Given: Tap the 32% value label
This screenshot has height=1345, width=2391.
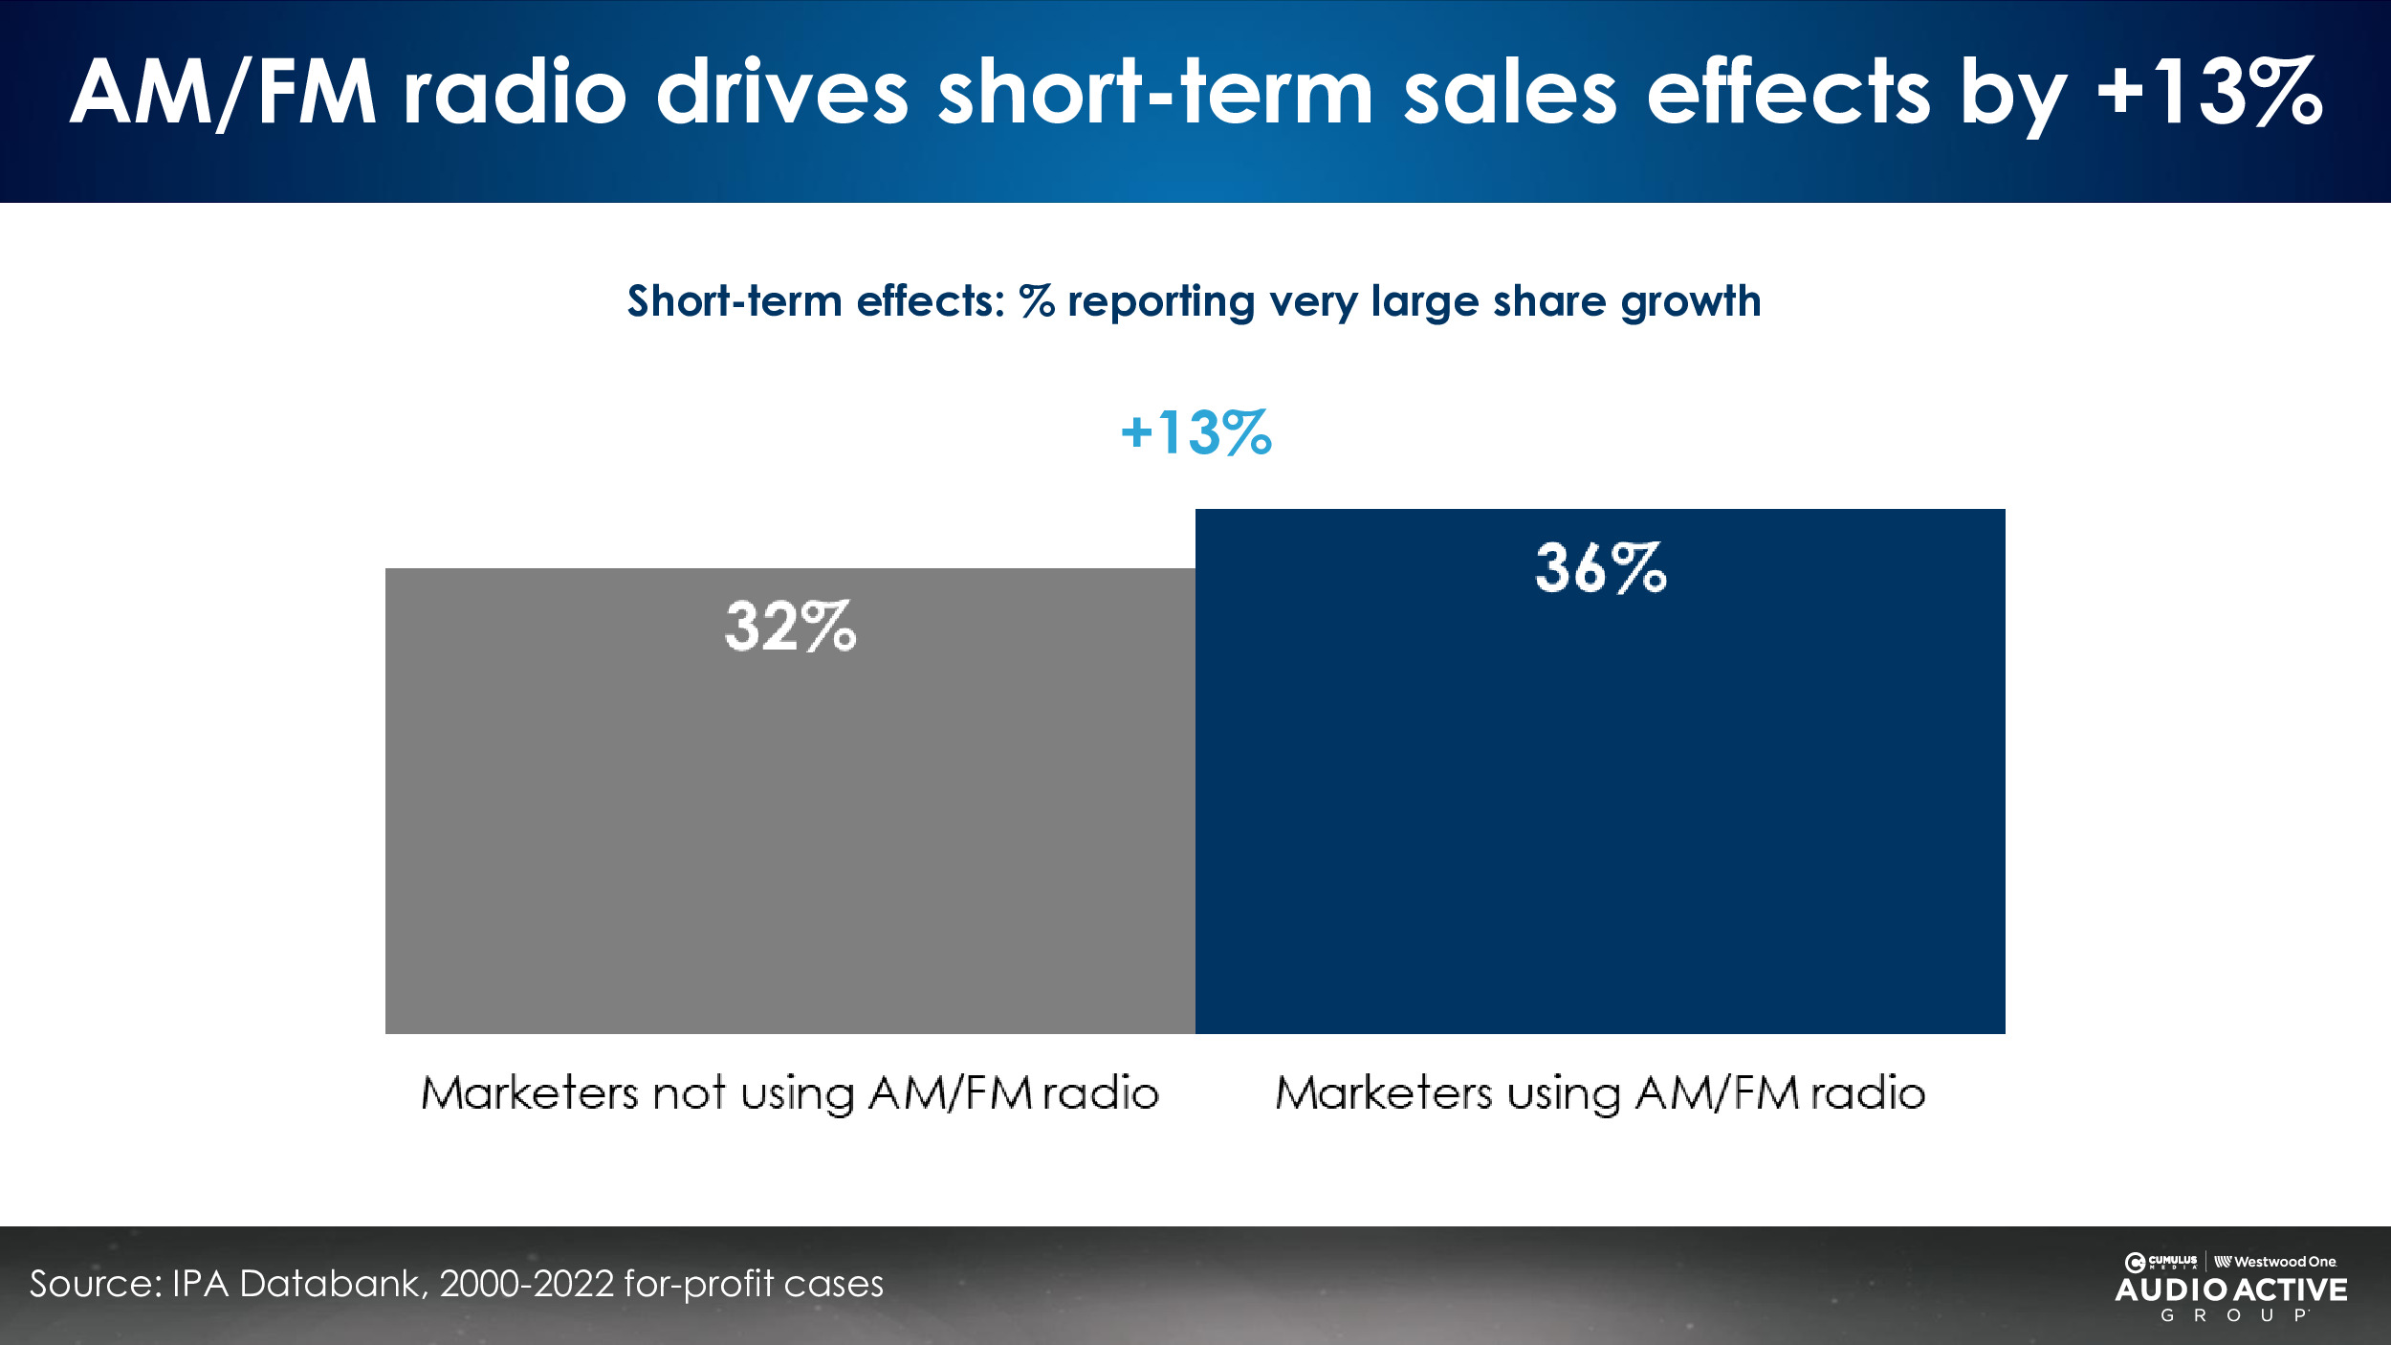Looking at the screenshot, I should tap(790, 628).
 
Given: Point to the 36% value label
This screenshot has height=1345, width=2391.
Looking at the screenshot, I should tap(1600, 568).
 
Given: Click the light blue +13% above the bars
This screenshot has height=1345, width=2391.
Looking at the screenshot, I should tap(1195, 432).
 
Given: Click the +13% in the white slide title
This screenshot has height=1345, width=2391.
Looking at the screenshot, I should tap(2209, 92).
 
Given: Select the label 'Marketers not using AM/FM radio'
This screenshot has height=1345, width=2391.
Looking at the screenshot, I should tap(790, 1092).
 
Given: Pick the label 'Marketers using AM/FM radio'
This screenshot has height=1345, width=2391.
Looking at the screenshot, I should tap(1600, 1092).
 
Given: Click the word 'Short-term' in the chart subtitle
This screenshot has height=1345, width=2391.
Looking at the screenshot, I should tap(734, 301).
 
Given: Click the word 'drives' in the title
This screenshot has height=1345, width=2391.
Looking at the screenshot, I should tap(781, 92).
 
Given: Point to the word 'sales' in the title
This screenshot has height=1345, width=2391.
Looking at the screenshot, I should tap(1510, 92).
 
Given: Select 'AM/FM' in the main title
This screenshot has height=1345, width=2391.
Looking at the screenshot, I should tap(223, 92).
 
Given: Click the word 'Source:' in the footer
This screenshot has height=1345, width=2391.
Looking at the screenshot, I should tap(95, 1284).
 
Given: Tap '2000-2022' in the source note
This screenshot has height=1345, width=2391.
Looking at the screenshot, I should tap(526, 1284).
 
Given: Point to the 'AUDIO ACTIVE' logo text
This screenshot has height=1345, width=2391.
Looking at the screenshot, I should tap(2231, 1290).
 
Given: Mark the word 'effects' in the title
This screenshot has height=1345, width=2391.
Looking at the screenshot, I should tap(1788, 92).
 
